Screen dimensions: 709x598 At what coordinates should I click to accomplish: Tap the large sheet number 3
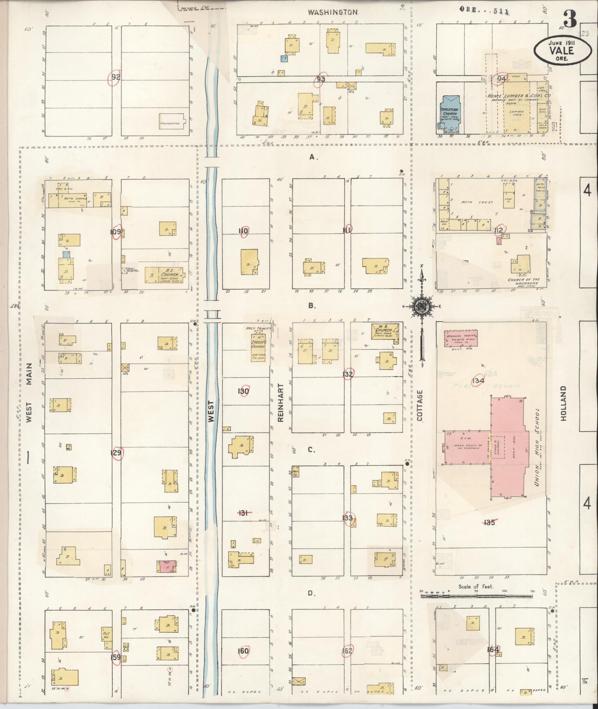[570, 19]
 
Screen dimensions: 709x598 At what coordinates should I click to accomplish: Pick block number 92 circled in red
[115, 77]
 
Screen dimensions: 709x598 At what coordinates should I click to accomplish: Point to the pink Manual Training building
[461, 338]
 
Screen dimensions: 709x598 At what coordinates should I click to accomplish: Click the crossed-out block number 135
[489, 523]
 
